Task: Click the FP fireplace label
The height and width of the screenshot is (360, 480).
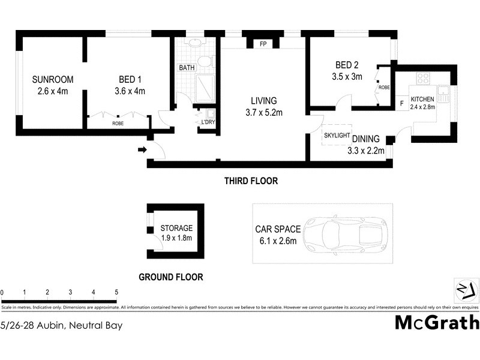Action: pos(263,44)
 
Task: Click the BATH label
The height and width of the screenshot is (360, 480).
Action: pos(187,68)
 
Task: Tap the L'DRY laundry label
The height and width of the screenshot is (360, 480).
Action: pos(208,122)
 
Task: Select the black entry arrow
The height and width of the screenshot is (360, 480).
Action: pos(142,149)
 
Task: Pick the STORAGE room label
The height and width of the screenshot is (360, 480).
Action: pos(176,228)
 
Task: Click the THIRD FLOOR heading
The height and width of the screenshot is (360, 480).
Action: pos(251,181)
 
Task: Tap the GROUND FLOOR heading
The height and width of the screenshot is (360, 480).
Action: pos(170,277)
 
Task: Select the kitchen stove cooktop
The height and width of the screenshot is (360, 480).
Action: pos(423,78)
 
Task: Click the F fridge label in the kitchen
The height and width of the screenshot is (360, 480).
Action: pos(401,102)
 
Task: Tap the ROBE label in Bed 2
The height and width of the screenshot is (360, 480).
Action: pos(385,88)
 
